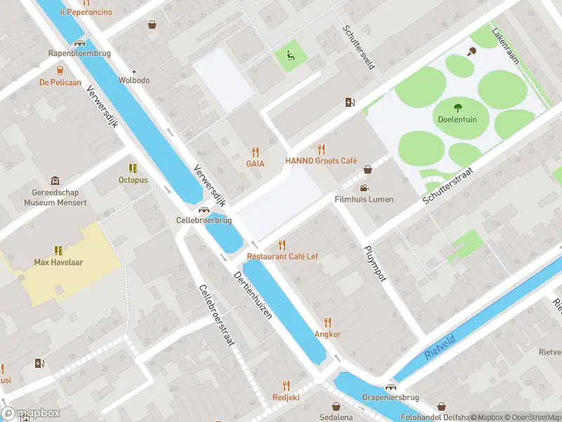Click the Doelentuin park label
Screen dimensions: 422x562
click(457, 120)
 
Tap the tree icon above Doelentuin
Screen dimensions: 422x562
click(457, 108)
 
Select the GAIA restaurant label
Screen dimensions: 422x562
click(254, 163)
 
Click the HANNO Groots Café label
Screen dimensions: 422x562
click(321, 160)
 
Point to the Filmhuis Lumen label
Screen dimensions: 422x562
click(363, 199)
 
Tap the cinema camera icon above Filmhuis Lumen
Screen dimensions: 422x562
click(363, 188)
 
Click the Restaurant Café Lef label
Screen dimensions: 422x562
click(282, 256)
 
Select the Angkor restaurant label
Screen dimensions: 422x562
click(327, 334)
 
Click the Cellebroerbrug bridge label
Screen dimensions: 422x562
click(204, 220)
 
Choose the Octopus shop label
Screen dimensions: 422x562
click(133, 180)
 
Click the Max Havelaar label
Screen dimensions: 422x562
click(58, 262)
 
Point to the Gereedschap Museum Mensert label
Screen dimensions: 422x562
click(55, 197)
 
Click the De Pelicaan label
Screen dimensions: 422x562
click(60, 82)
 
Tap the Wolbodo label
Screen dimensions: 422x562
click(133, 80)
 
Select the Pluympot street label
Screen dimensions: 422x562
click(375, 263)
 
